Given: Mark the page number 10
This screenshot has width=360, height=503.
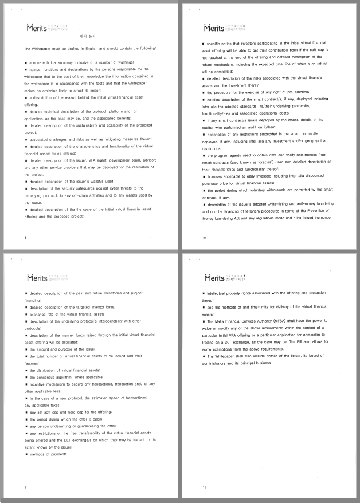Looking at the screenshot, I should [205, 238].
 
